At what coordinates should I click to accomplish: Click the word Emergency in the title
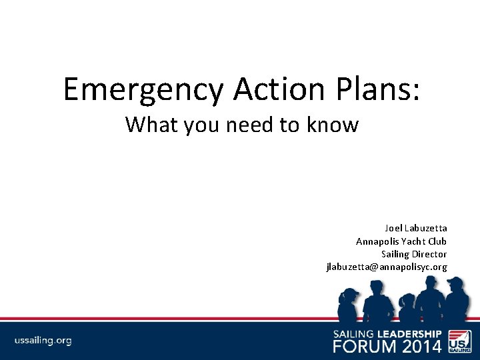coord(143,89)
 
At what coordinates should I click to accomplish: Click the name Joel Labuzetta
coord(415,228)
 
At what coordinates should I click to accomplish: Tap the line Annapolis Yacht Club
coord(401,241)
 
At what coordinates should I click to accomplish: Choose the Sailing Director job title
coord(413,254)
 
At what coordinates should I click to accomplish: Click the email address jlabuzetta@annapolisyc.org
coord(386,267)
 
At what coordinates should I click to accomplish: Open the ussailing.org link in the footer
coord(43,341)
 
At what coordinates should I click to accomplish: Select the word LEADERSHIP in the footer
coord(409,333)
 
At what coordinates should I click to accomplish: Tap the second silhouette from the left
coord(377,300)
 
